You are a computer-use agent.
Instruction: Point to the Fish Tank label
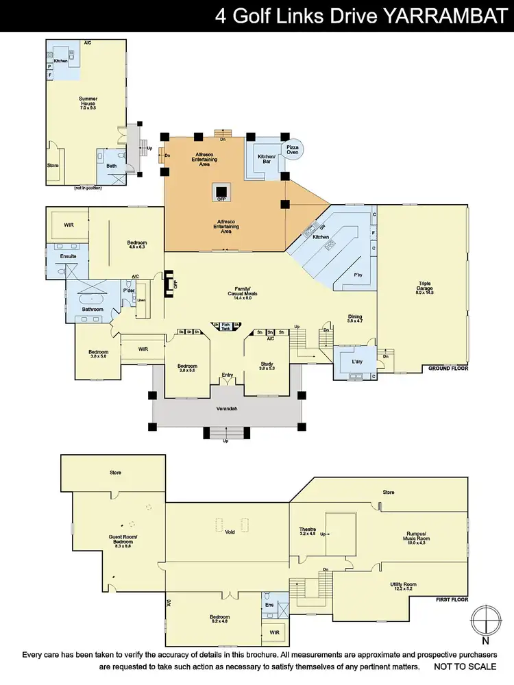coord(226,327)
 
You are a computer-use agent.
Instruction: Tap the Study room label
coord(267,364)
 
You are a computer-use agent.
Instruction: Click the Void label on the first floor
coord(230,531)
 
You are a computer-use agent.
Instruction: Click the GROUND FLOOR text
coord(448,369)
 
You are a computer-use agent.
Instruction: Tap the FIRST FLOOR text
coord(452,598)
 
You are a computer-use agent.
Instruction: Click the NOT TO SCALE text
coord(465,666)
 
